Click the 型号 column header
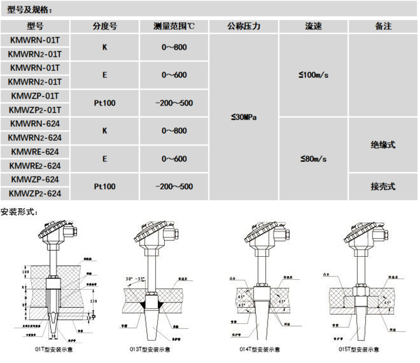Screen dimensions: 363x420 [x=35, y=26]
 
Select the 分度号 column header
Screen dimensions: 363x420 [x=105, y=26]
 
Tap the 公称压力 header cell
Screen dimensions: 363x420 [x=243, y=26]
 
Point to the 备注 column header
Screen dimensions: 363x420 [x=382, y=26]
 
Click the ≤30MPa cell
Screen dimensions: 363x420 [x=243, y=117]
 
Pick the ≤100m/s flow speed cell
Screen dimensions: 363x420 [x=313, y=75]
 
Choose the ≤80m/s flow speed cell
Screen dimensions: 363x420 [x=313, y=158]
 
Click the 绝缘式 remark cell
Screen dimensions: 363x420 [x=382, y=144]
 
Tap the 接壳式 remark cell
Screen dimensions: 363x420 [x=382, y=186]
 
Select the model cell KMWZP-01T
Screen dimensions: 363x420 [x=35, y=96]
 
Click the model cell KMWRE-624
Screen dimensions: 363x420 [x=35, y=151]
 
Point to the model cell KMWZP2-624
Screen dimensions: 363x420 [x=35, y=193]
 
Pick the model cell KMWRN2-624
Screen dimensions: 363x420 [x=35, y=137]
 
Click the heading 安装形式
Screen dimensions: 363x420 [x=19, y=212]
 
